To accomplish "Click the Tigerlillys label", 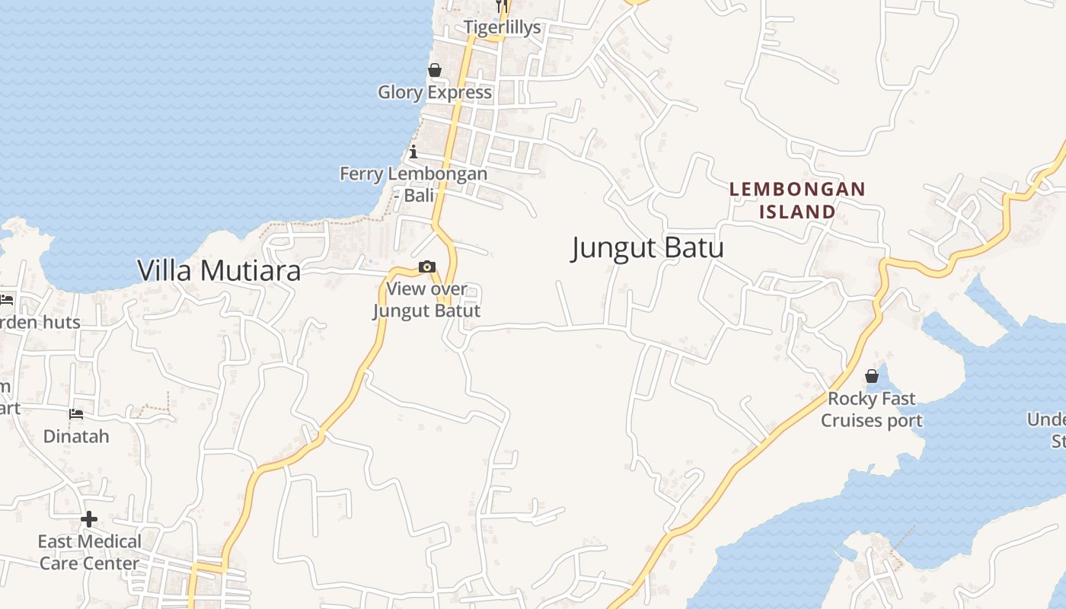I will point(503,27).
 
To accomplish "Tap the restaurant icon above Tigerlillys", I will point(501,6).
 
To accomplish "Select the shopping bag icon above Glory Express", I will point(435,71).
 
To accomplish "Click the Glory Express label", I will point(435,92).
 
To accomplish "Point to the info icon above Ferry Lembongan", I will point(413,151).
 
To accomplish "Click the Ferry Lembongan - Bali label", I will point(413,184).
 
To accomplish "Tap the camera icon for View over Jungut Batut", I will point(427,267).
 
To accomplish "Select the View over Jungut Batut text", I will point(426,300).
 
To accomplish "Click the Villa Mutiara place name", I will point(219,270).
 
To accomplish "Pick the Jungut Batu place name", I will point(647,248).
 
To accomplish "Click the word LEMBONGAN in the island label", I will point(797,189).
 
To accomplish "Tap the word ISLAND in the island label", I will point(797,212).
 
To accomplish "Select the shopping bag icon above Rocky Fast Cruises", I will point(872,377).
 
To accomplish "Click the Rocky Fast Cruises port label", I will point(872,410).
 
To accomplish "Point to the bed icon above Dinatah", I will point(76,415).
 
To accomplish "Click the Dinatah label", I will point(76,437).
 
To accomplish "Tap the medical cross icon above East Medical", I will point(89,520).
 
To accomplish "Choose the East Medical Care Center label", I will point(90,553).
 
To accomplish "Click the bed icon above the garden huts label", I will point(7,300).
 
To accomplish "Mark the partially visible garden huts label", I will point(40,323).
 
